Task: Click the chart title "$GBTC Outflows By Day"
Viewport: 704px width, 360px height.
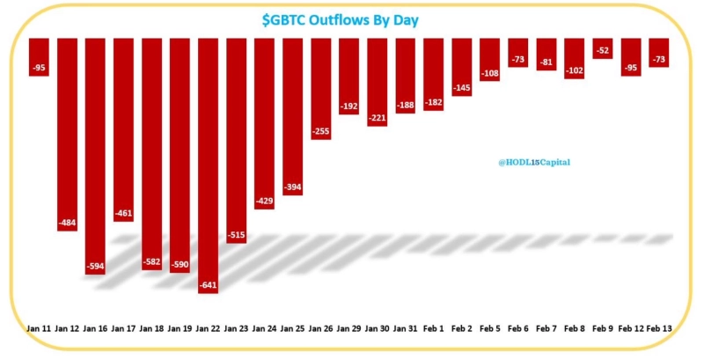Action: tap(351, 19)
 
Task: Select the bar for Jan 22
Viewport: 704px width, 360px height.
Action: tap(208, 158)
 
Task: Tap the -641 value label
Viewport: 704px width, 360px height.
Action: tap(208, 285)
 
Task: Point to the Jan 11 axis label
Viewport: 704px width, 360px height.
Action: tap(40, 327)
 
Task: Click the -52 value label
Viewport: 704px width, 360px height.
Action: tap(603, 51)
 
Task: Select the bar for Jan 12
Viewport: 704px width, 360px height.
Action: tap(68, 132)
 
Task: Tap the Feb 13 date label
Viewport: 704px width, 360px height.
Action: tap(659, 327)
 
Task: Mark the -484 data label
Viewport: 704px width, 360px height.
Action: tap(68, 223)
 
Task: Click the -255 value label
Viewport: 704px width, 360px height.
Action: tap(321, 131)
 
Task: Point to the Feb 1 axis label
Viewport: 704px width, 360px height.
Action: tap(434, 327)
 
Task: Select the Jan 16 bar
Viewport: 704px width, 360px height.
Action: tap(96, 150)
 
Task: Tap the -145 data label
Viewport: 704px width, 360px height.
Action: tap(462, 87)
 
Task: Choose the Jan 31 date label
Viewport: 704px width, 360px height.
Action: tap(406, 327)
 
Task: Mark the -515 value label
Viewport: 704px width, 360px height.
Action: tap(236, 235)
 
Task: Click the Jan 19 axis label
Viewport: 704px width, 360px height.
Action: tap(180, 327)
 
